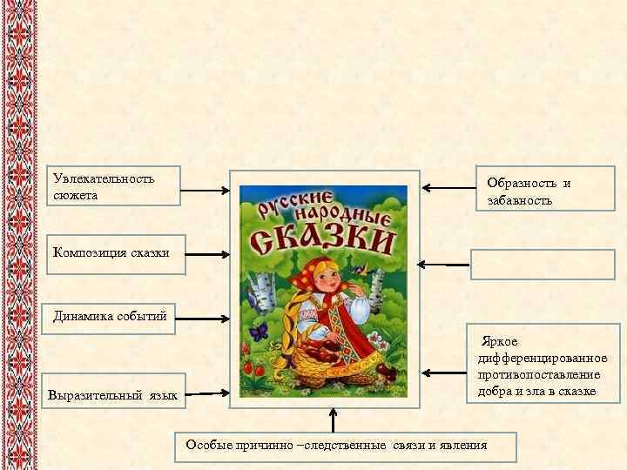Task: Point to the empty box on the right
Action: tap(542, 263)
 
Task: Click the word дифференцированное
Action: tap(543, 359)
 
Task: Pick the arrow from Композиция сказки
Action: tap(207, 255)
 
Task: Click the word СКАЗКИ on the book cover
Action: tap(321, 236)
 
